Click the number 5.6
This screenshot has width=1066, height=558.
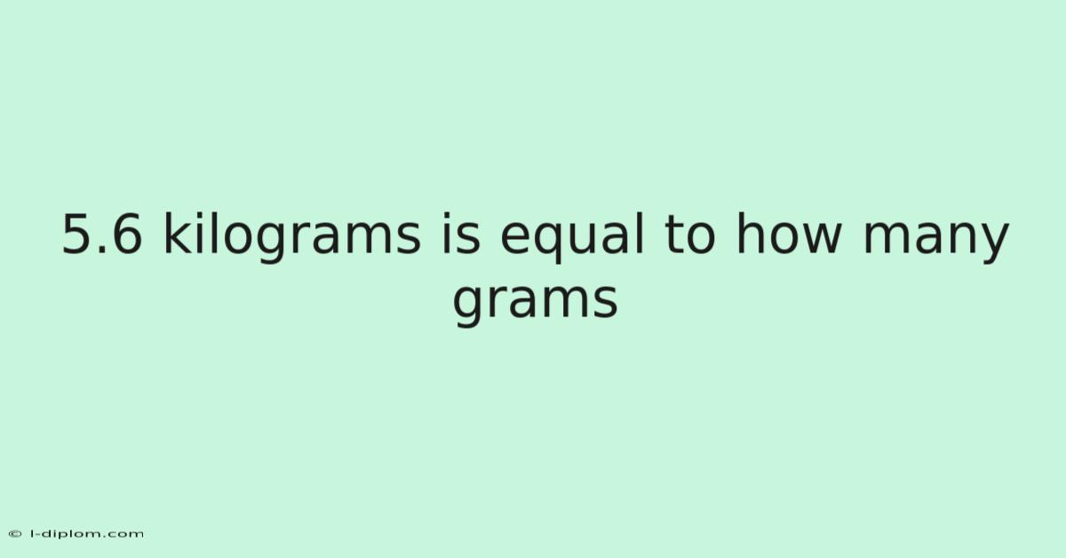click(x=102, y=234)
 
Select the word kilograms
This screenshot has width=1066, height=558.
click(x=292, y=236)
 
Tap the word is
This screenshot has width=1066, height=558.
click(x=461, y=233)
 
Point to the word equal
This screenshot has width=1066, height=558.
click(x=572, y=236)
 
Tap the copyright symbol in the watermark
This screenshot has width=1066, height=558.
click(x=15, y=534)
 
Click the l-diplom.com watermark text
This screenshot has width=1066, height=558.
click(x=87, y=534)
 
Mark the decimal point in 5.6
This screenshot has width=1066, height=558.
click(x=101, y=250)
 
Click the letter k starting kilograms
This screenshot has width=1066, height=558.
click(x=177, y=231)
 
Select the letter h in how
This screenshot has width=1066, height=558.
click(x=750, y=231)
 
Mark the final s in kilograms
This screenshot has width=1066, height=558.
click(x=409, y=237)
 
